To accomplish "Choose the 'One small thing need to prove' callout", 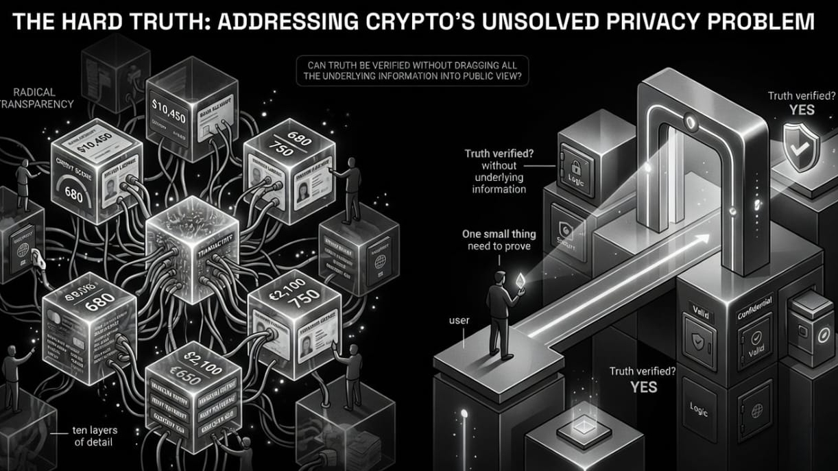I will tap(499, 240).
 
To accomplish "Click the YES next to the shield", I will tap(801, 110).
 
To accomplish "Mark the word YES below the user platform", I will tap(643, 387).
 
